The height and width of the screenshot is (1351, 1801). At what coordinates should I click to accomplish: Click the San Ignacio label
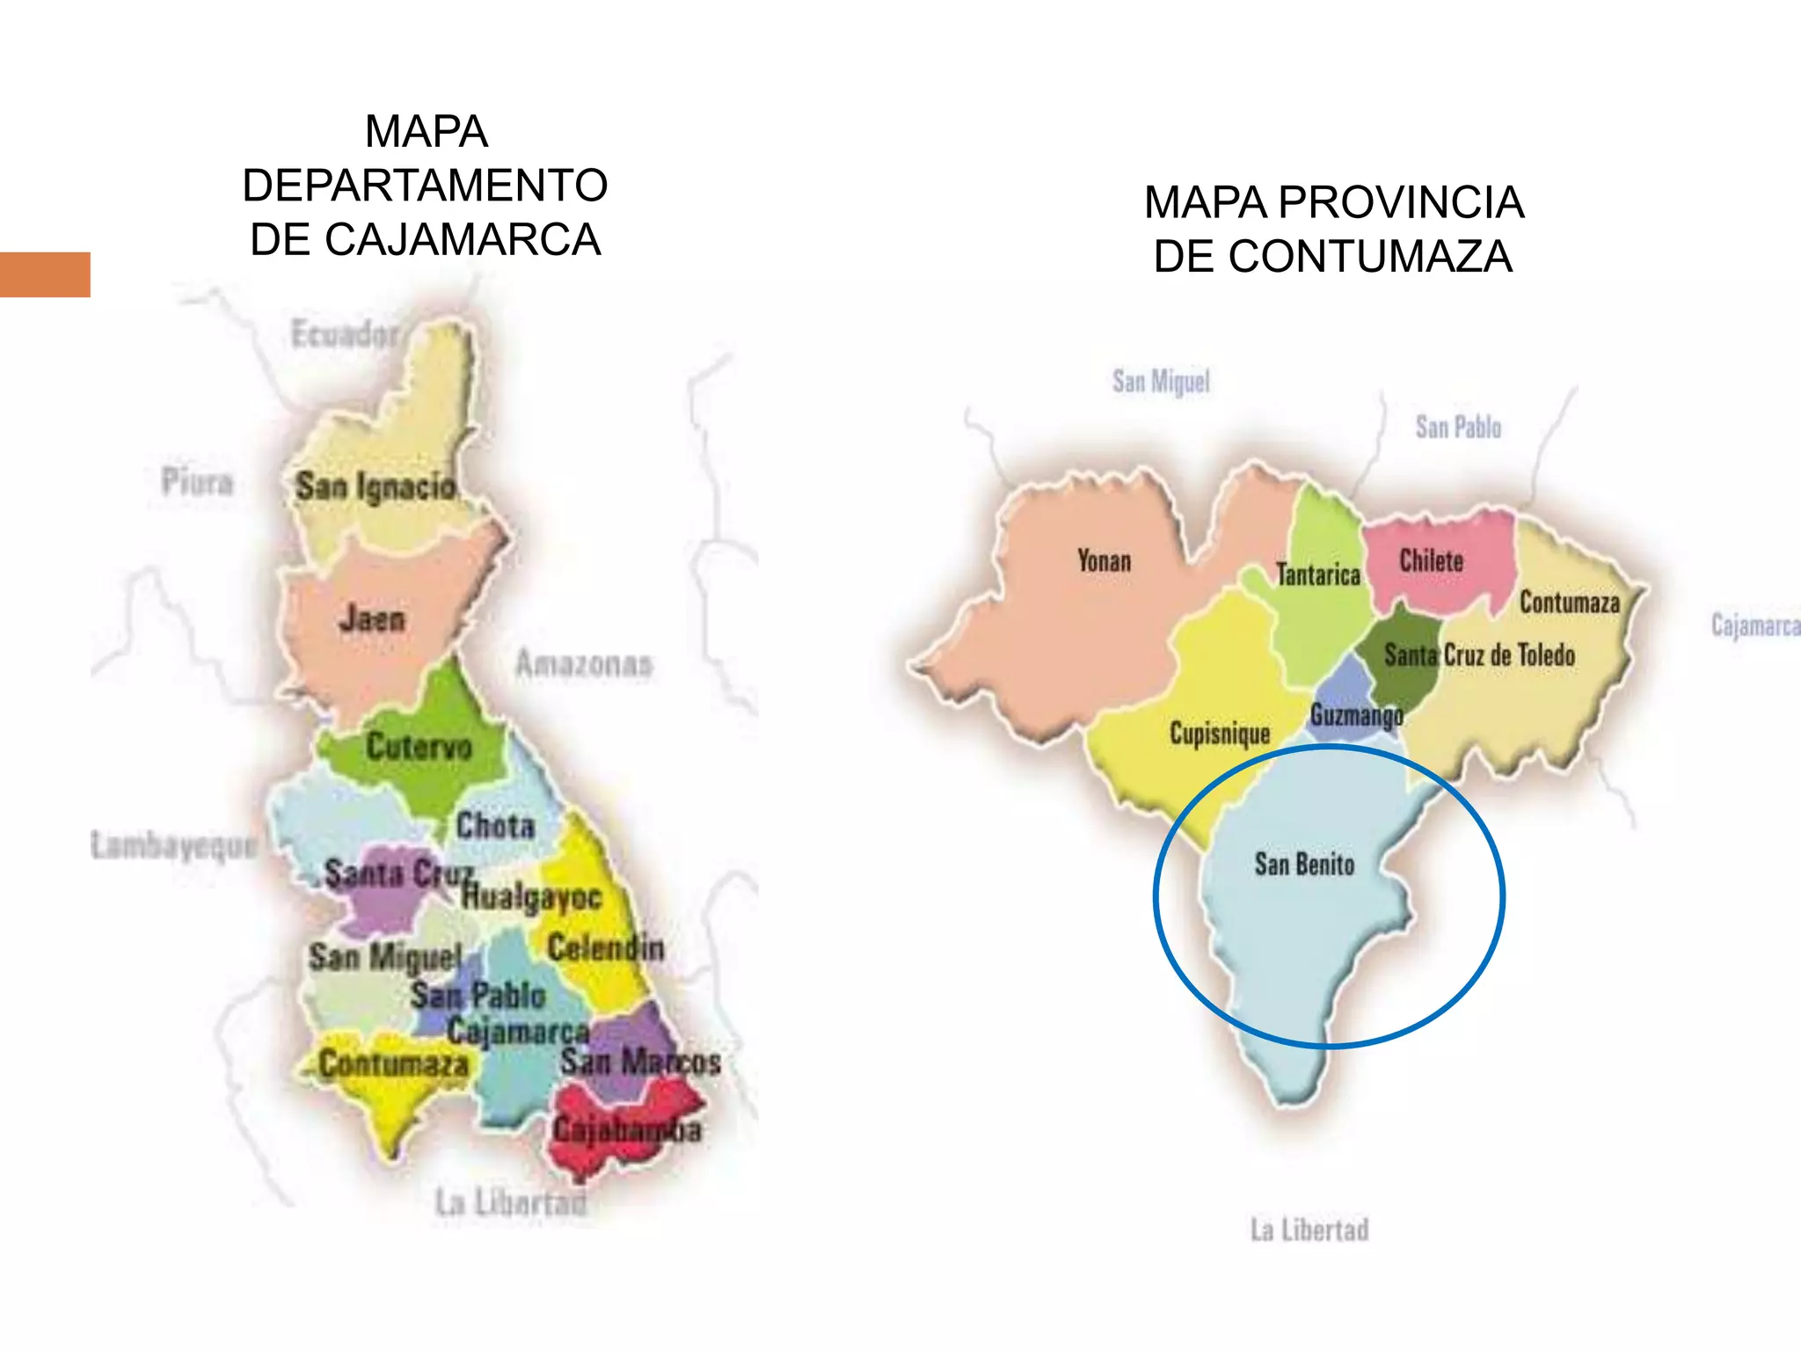click(376, 486)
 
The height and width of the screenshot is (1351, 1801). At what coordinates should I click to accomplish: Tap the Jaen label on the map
click(372, 620)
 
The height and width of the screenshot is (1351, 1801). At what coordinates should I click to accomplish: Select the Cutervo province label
click(419, 747)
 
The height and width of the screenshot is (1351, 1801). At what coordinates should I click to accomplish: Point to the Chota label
click(495, 826)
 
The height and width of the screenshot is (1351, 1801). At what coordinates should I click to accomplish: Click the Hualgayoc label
click(532, 897)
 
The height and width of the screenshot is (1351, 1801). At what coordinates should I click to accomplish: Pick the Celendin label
click(605, 948)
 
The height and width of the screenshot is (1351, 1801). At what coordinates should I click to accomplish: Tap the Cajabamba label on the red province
click(627, 1130)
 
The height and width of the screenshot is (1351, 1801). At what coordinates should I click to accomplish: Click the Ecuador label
click(345, 334)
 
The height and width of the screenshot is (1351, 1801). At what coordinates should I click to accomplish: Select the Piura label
click(197, 482)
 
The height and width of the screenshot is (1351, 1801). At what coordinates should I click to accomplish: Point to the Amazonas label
click(584, 664)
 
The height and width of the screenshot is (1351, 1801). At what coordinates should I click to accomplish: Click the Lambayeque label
click(173, 845)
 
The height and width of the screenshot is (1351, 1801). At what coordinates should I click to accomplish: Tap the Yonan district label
click(1105, 561)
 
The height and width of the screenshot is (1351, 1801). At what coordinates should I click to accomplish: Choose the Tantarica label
click(1317, 575)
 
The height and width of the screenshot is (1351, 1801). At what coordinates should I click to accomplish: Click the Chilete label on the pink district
click(1431, 561)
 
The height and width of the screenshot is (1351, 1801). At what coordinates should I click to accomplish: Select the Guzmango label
click(1356, 716)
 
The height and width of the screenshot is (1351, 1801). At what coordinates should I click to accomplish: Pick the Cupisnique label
click(1220, 734)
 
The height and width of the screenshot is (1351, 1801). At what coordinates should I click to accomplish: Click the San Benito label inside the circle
click(1304, 865)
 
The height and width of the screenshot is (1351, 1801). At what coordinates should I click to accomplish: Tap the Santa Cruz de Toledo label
click(1479, 655)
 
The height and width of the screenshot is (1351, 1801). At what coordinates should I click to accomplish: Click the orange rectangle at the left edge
click(45, 274)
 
